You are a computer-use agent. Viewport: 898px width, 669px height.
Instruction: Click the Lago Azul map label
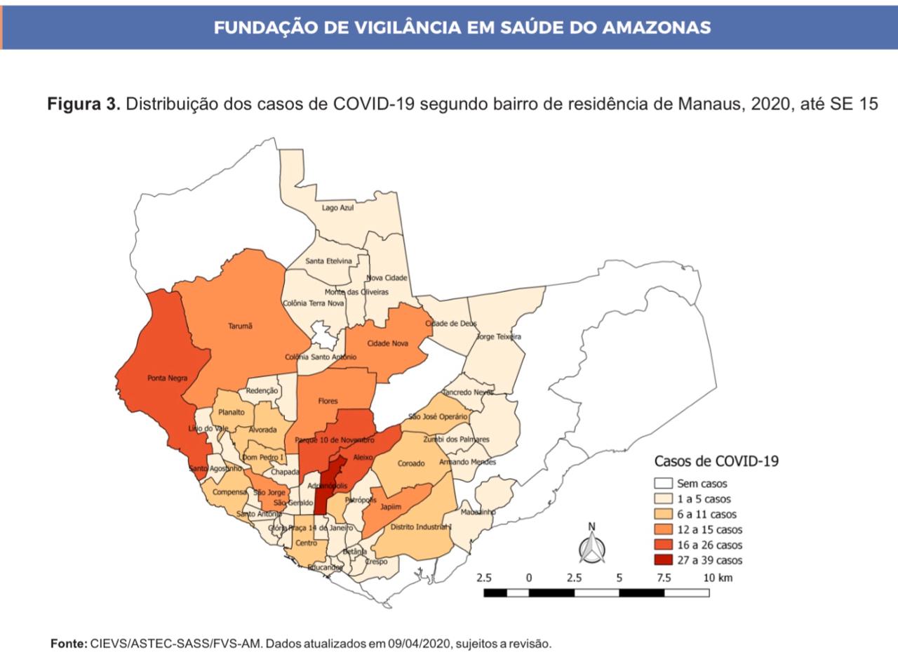coord(337,208)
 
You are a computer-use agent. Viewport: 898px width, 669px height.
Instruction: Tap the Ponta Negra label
coord(167,378)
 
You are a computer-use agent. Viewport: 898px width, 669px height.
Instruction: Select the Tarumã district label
coord(240,326)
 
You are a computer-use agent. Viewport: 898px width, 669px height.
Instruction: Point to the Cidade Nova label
coord(387,343)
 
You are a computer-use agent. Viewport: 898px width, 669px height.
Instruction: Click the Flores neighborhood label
coord(328,401)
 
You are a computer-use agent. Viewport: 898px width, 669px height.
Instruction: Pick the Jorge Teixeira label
coord(499,337)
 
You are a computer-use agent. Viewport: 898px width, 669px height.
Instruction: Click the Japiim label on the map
coord(391,507)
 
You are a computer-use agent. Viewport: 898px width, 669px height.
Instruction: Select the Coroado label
coord(411,463)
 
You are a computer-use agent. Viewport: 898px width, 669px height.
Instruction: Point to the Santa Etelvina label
coord(328,261)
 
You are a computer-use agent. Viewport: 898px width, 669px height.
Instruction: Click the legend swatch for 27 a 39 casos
coord(662,560)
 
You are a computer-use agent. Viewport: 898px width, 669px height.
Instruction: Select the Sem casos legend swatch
coord(662,484)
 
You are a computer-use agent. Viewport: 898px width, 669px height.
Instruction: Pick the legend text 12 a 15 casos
coord(709,530)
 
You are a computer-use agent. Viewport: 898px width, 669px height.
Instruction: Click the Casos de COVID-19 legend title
coord(716,461)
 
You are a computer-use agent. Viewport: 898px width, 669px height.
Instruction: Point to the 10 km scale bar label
coord(717,578)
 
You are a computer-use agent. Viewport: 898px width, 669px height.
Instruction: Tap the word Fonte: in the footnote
coord(69,643)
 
